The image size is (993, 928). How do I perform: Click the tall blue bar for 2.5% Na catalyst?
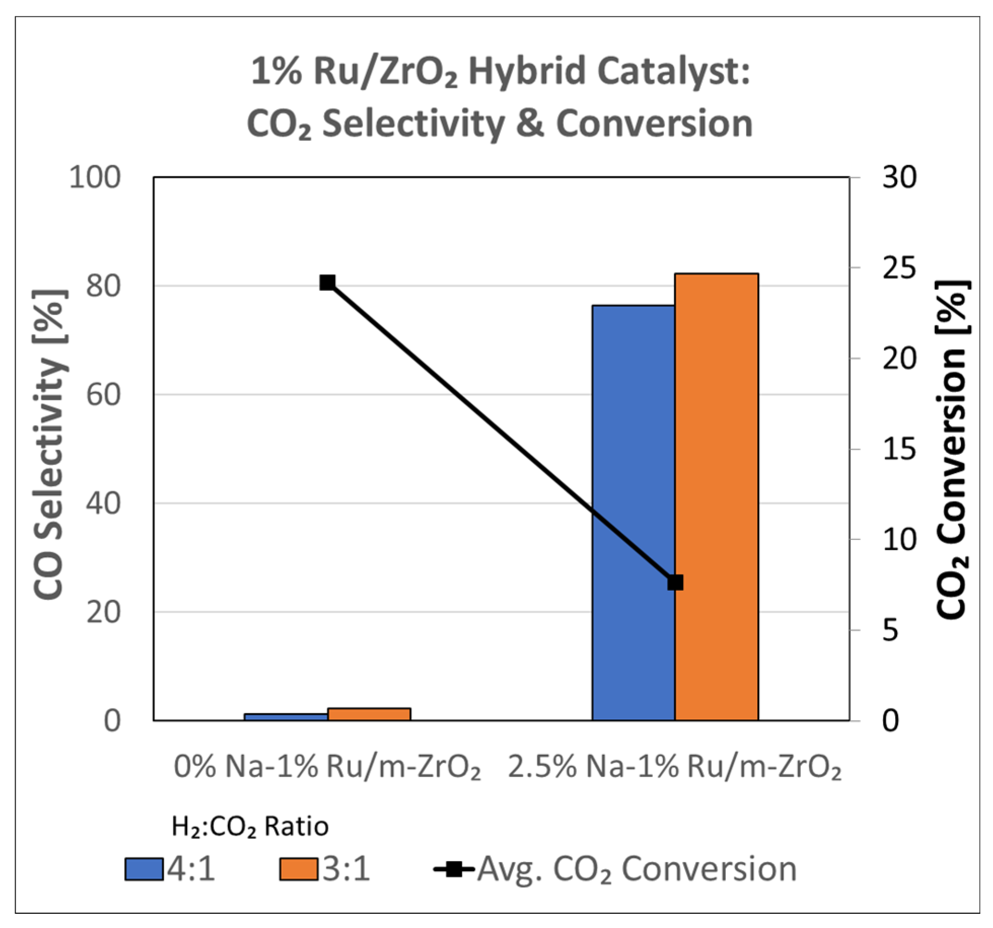coord(633,512)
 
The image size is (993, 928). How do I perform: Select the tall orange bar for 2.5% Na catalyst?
coord(716,496)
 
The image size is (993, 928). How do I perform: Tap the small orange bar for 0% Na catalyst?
coord(369,714)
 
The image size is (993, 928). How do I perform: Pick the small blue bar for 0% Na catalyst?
coord(286,717)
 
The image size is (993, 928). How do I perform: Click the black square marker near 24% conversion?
coord(327,282)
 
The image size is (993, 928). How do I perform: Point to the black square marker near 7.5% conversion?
coord(675,583)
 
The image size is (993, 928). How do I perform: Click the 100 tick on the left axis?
coord(95,178)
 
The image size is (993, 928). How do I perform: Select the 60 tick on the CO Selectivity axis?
coord(103,395)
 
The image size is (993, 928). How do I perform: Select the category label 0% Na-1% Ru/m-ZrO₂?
coord(327,767)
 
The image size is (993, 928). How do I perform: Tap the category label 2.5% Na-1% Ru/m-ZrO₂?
coord(675,767)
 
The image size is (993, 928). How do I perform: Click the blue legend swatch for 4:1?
coord(144,869)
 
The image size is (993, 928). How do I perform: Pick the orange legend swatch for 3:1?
coord(299,869)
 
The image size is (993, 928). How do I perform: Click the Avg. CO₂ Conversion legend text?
coord(637,869)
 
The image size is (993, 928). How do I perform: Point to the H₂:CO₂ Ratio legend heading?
coord(250,826)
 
